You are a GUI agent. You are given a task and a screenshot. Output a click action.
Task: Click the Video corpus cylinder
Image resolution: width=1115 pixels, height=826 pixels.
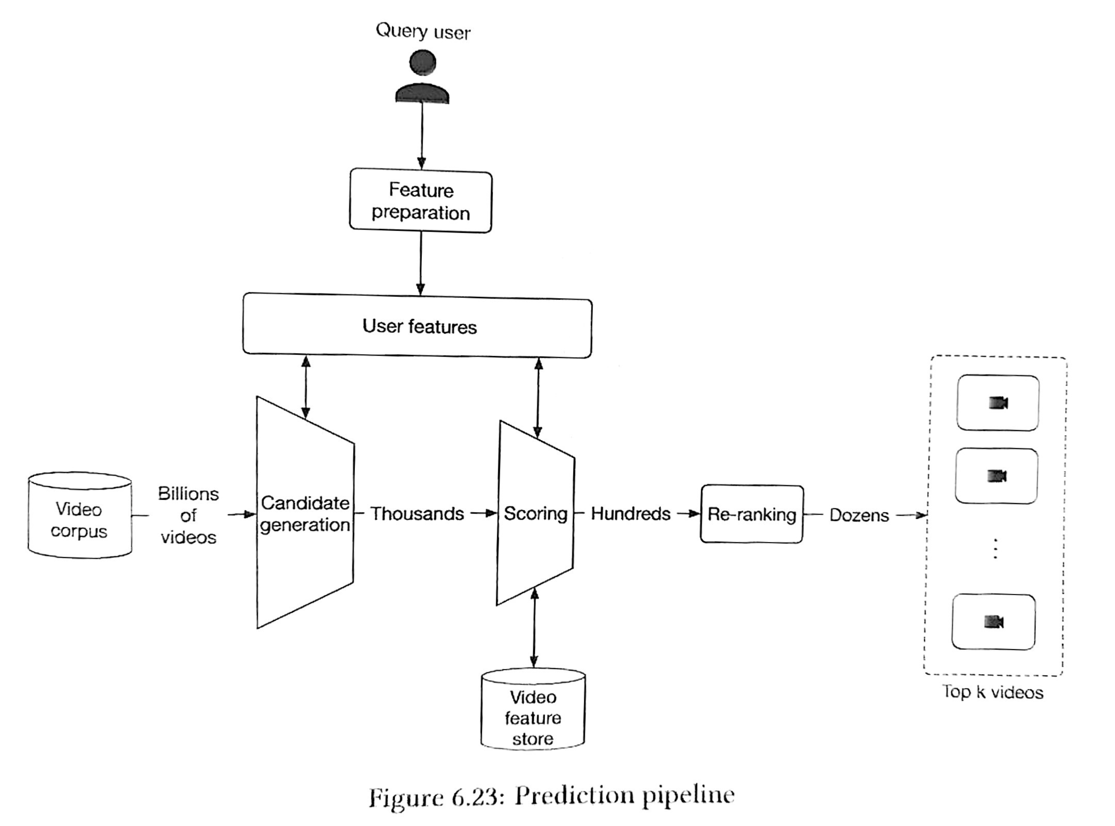[x=80, y=515]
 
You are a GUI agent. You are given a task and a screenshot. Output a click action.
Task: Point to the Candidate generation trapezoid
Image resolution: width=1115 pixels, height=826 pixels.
[x=305, y=512]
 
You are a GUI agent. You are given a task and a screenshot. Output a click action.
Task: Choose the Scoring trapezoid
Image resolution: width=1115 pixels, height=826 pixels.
[x=536, y=513]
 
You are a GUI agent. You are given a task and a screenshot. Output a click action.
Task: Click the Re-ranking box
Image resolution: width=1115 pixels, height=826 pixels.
[x=752, y=514]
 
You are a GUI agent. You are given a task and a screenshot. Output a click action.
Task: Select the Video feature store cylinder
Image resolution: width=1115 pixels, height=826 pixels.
[x=533, y=709]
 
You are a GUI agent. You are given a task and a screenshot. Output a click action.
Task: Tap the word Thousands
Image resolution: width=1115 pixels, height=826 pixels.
[x=417, y=514]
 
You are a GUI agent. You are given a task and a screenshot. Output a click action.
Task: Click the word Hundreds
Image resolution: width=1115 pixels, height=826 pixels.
[x=631, y=514]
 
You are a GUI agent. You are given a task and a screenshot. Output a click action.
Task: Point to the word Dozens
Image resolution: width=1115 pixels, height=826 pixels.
[x=859, y=515]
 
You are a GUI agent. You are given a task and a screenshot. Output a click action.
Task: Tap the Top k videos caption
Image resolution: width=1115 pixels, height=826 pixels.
[x=993, y=692]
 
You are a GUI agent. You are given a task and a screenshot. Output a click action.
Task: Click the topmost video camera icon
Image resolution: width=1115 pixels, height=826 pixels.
[x=998, y=402]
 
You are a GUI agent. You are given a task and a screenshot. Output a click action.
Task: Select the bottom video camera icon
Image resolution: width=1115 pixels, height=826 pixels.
[x=994, y=622]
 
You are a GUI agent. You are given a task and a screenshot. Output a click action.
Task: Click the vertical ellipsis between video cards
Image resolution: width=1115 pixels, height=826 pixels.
[x=995, y=549]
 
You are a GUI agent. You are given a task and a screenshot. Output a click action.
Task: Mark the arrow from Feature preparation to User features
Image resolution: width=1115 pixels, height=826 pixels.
[x=420, y=263]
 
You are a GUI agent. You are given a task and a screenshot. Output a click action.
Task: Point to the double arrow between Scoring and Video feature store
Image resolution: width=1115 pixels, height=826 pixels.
[x=534, y=628]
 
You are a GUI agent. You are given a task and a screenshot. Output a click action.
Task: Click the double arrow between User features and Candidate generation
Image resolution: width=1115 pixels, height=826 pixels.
[x=306, y=387]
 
